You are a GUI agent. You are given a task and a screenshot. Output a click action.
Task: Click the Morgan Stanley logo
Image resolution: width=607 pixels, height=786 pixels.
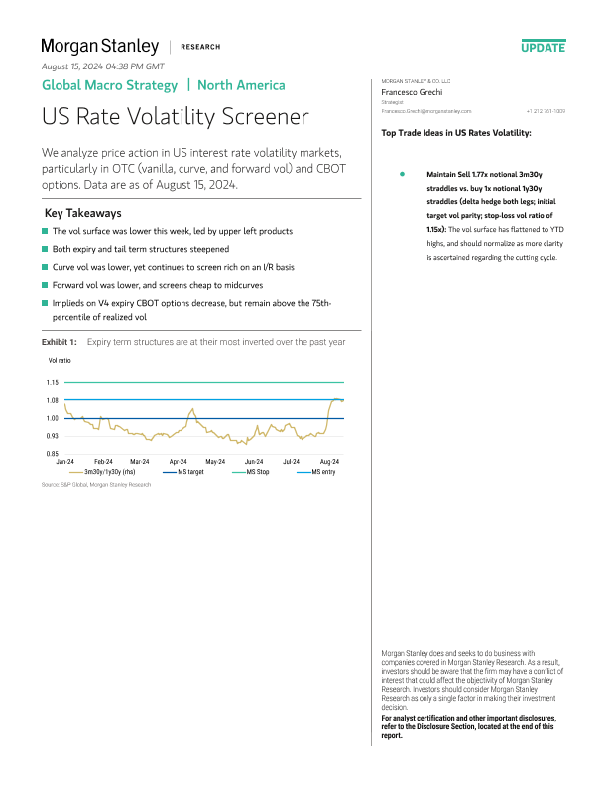pyautogui.click(x=99, y=46)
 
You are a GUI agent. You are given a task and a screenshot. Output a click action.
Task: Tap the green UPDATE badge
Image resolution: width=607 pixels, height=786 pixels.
pyautogui.click(x=543, y=47)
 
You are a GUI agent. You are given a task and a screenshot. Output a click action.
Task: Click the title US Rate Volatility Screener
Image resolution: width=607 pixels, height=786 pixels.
pyautogui.click(x=175, y=117)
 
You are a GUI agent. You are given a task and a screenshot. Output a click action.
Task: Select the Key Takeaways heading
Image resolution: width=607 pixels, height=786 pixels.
pyautogui.click(x=83, y=213)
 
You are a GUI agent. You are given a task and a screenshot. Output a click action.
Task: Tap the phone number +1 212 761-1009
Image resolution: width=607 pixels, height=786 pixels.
pyautogui.click(x=546, y=111)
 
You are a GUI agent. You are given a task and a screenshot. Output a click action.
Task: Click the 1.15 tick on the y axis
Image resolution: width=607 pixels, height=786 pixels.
pyautogui.click(x=53, y=382)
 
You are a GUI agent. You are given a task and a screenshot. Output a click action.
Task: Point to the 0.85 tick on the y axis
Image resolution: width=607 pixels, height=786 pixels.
pyautogui.click(x=53, y=454)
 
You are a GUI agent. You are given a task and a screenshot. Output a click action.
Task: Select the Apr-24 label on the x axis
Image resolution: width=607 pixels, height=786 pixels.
pyautogui.click(x=179, y=462)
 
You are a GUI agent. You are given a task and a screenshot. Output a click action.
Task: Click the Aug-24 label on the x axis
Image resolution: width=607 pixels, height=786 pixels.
pyautogui.click(x=329, y=462)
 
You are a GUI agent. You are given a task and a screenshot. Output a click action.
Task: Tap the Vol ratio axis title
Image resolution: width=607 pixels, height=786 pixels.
pyautogui.click(x=60, y=362)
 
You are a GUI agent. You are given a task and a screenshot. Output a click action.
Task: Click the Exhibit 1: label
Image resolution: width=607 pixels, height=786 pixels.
pyautogui.click(x=59, y=341)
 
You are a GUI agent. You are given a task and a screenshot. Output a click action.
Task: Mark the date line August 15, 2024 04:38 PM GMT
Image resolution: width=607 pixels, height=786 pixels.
pyautogui.click(x=102, y=66)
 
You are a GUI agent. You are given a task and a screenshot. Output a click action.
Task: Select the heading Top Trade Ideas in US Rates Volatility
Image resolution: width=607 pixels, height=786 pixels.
pyautogui.click(x=455, y=132)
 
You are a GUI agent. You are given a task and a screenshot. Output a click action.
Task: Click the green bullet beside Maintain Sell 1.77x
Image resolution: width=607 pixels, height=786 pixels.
pyautogui.click(x=403, y=173)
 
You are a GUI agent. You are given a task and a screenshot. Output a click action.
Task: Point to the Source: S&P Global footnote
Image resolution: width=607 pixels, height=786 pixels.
pyautogui.click(x=96, y=484)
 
